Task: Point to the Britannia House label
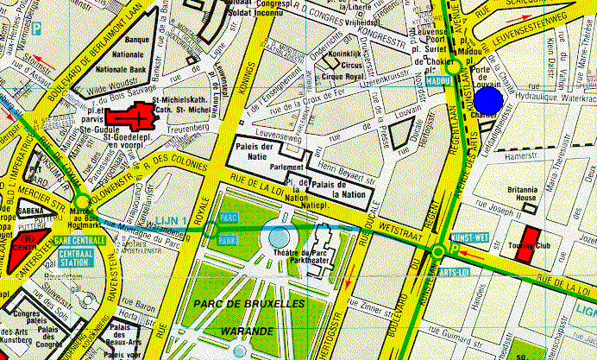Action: pos(523,193)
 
